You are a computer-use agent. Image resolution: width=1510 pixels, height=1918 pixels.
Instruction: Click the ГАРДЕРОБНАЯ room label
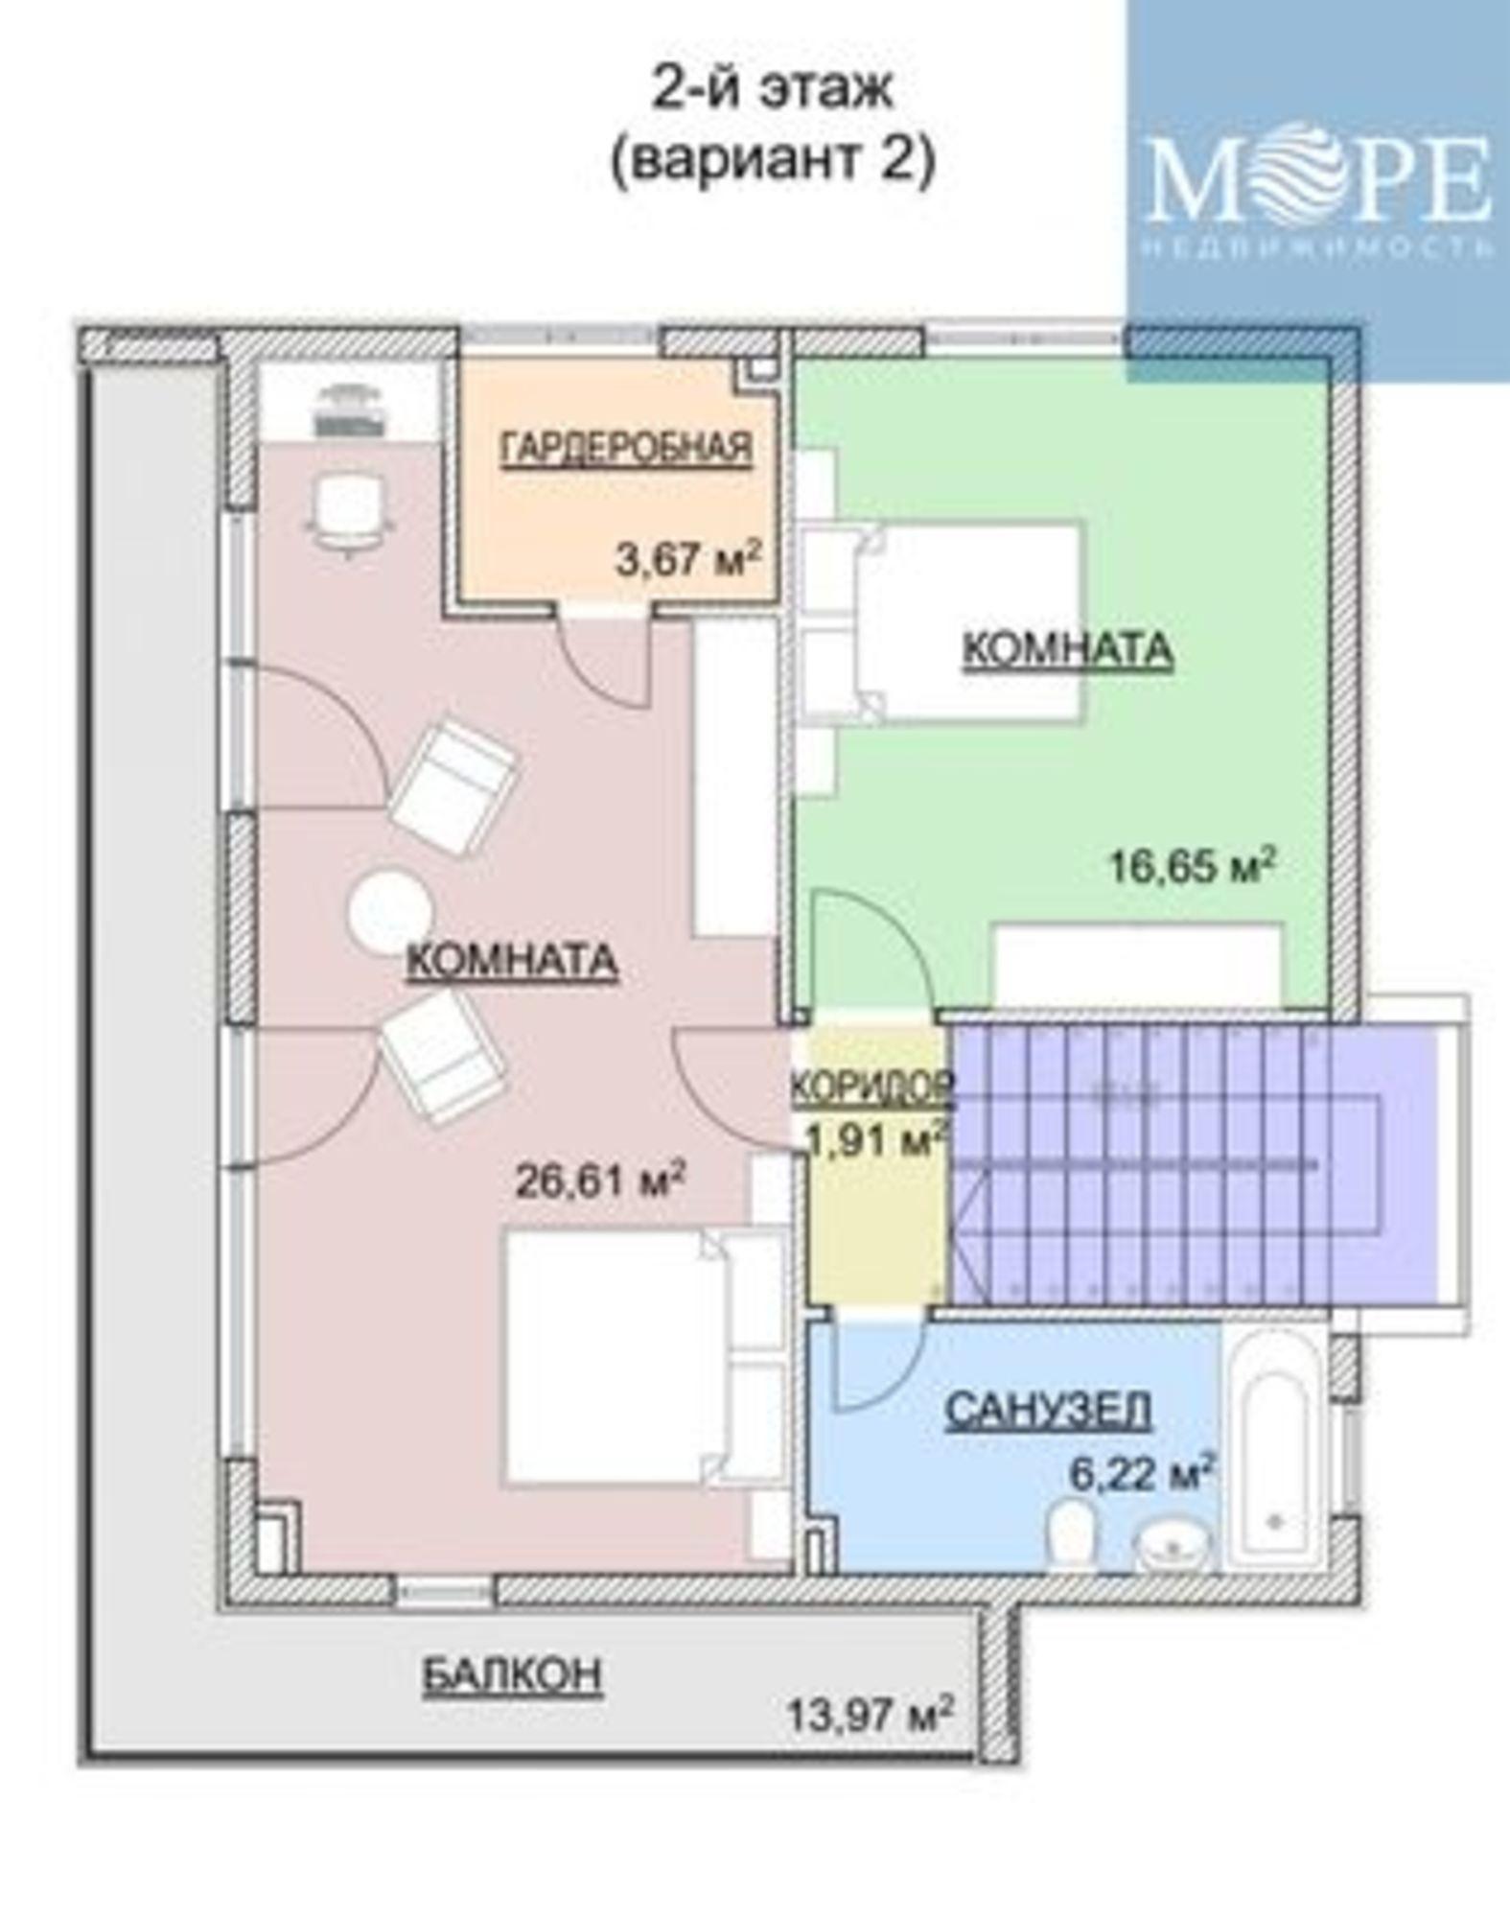coord(627,448)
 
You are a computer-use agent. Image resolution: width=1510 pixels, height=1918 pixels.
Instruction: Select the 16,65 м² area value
coord(1193,867)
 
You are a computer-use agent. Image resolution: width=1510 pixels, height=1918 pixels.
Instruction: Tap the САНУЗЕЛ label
coord(1048,1411)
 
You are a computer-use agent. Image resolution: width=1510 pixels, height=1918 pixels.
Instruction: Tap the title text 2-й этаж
coord(773,88)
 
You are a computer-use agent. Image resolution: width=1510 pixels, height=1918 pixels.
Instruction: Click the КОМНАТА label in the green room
coord(1067,649)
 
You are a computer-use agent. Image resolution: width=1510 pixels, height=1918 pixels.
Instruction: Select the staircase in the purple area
coord(1194,1159)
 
